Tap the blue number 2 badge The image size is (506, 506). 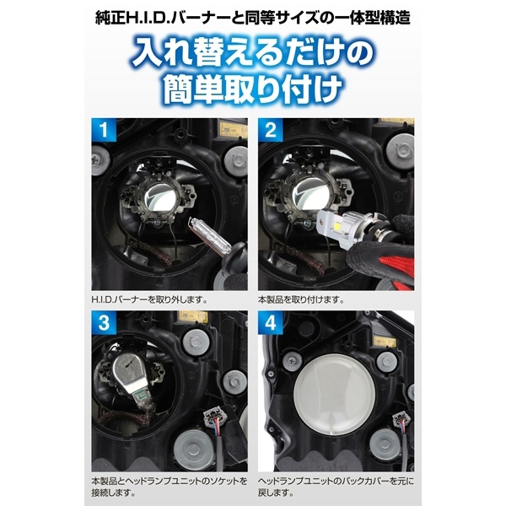271,133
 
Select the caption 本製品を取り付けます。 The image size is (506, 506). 300,299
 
